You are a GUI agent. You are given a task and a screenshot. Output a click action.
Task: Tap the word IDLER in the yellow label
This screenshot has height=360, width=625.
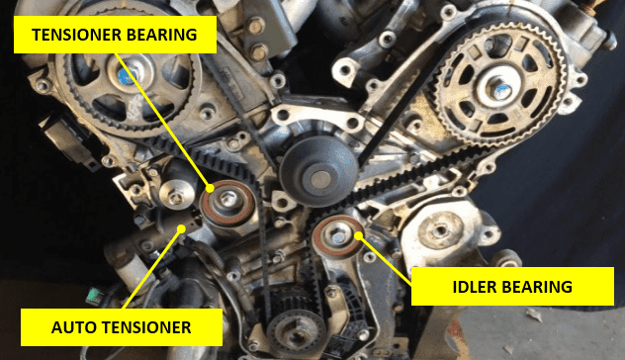456,288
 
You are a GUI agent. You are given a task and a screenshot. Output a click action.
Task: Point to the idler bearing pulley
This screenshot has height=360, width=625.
334,237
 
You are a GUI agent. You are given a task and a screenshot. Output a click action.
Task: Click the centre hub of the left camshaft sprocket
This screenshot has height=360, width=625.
128,74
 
